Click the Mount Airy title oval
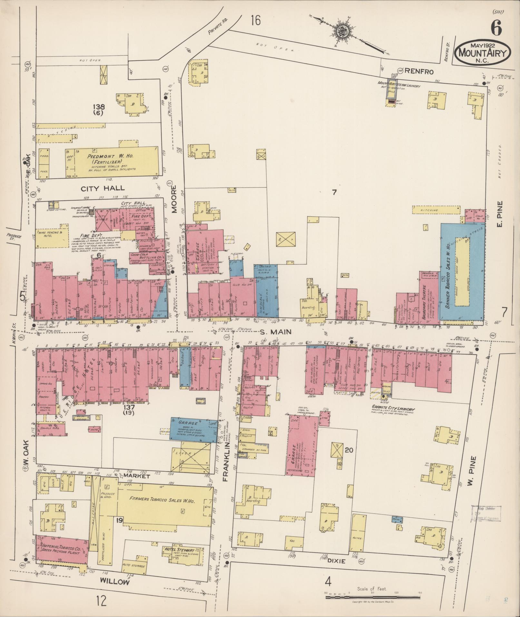pos(483,52)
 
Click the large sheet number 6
pos(496,28)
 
